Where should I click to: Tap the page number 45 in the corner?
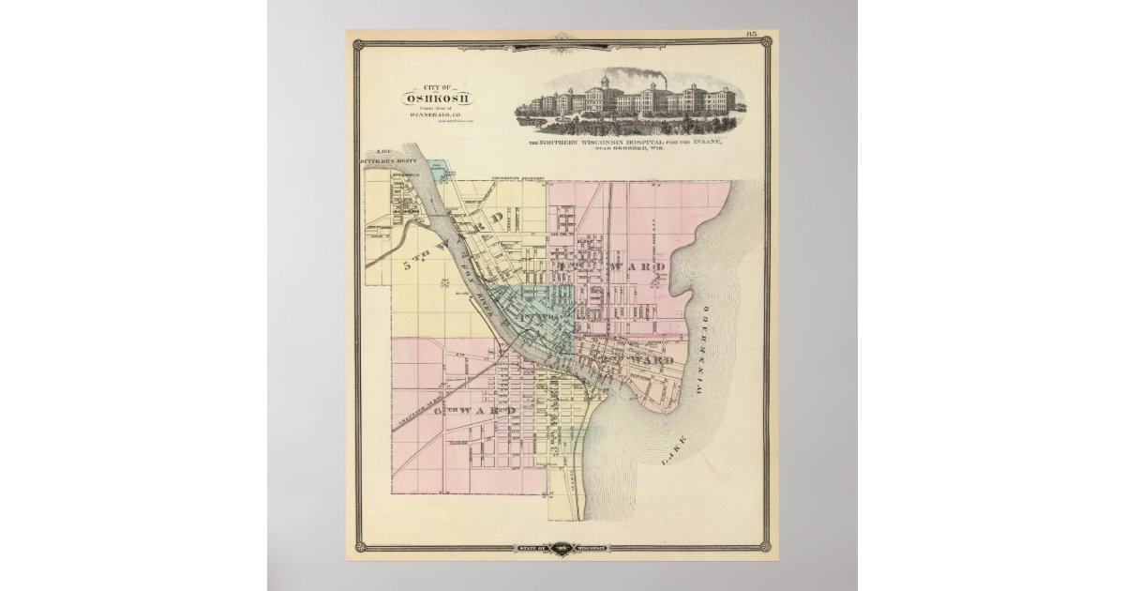tap(752, 35)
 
